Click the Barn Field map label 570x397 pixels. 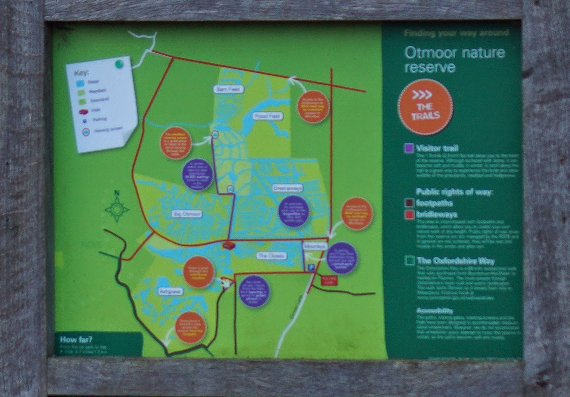[229, 89]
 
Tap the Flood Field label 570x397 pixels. [268, 116]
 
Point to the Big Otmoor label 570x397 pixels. [187, 214]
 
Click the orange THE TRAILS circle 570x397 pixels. [425, 107]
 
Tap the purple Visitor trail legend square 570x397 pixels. [409, 148]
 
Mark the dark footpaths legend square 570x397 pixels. [409, 203]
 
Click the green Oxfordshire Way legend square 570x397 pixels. [410, 261]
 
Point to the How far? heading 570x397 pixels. [76, 339]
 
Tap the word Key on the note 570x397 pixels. [82, 74]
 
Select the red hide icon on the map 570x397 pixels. [228, 245]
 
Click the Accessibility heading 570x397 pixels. [435, 311]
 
